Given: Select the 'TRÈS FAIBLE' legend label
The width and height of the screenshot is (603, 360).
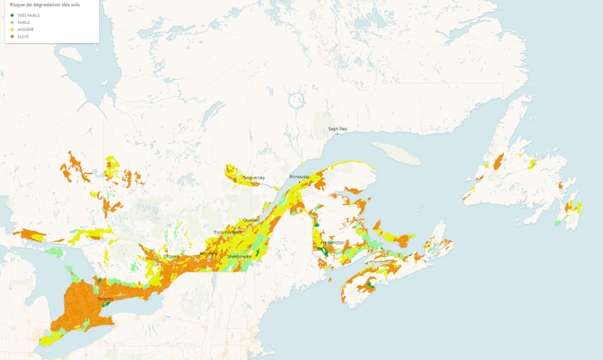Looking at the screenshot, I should pos(28,16).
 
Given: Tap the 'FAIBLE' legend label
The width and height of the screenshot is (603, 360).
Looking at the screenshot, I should pos(23,22).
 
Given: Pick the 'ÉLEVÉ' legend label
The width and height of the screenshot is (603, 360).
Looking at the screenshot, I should pos(22,36).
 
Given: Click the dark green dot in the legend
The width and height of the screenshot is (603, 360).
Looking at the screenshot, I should pos(12,16).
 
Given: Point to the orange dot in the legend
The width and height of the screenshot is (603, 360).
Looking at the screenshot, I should pos(12,36).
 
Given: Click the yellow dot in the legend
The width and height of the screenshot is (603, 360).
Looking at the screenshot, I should pos(12,29).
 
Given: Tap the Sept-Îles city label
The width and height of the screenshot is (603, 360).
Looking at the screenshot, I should pos(338,128).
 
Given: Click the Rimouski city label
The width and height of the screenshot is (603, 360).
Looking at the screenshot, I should pos(299,177).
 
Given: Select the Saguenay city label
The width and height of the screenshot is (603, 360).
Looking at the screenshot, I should pos(254,177).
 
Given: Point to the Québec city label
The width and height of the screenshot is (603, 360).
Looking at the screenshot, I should pos(251,220).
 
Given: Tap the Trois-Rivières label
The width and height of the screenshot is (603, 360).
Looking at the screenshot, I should pos(228,232).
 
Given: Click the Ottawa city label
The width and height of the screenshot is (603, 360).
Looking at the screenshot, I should pos(171,256).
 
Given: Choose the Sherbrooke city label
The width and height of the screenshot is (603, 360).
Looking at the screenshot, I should pos(239,256).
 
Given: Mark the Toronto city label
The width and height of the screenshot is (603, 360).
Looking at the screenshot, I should pos(105,300).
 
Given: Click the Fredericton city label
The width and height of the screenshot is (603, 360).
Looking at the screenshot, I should pos(333,242).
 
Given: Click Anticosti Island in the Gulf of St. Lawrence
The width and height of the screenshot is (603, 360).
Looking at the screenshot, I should pos(397,152).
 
